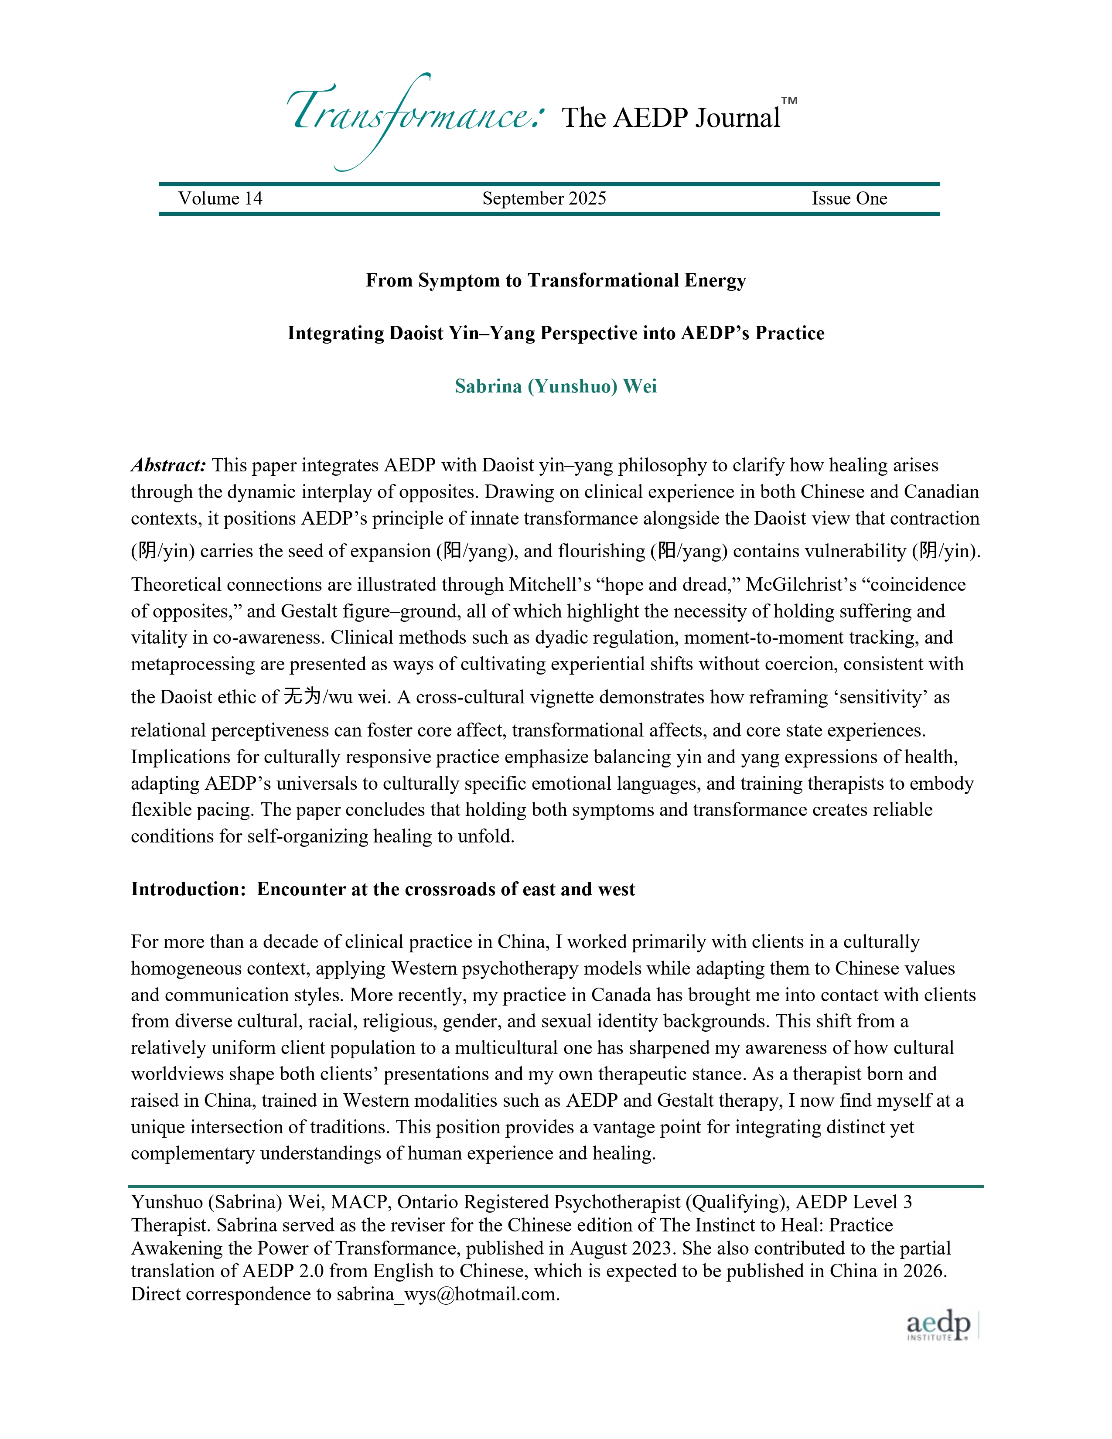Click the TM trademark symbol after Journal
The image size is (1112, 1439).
[x=789, y=101]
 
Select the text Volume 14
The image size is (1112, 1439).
[x=220, y=199]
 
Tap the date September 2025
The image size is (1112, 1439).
[x=544, y=199]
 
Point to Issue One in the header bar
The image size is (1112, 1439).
[x=849, y=199]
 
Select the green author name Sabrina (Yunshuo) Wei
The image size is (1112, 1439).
[x=555, y=386]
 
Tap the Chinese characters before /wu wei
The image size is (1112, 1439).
[x=302, y=696]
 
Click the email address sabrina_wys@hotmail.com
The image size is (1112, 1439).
[x=447, y=1294]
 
